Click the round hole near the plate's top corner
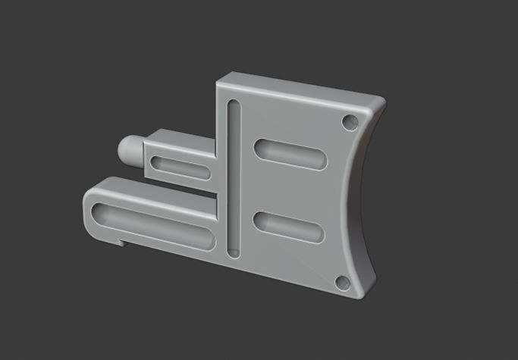point(350,121)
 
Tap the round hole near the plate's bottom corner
point(341,283)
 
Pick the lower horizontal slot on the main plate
point(288,227)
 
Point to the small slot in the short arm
point(182,167)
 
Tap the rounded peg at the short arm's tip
point(130,150)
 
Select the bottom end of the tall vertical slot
point(232,249)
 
